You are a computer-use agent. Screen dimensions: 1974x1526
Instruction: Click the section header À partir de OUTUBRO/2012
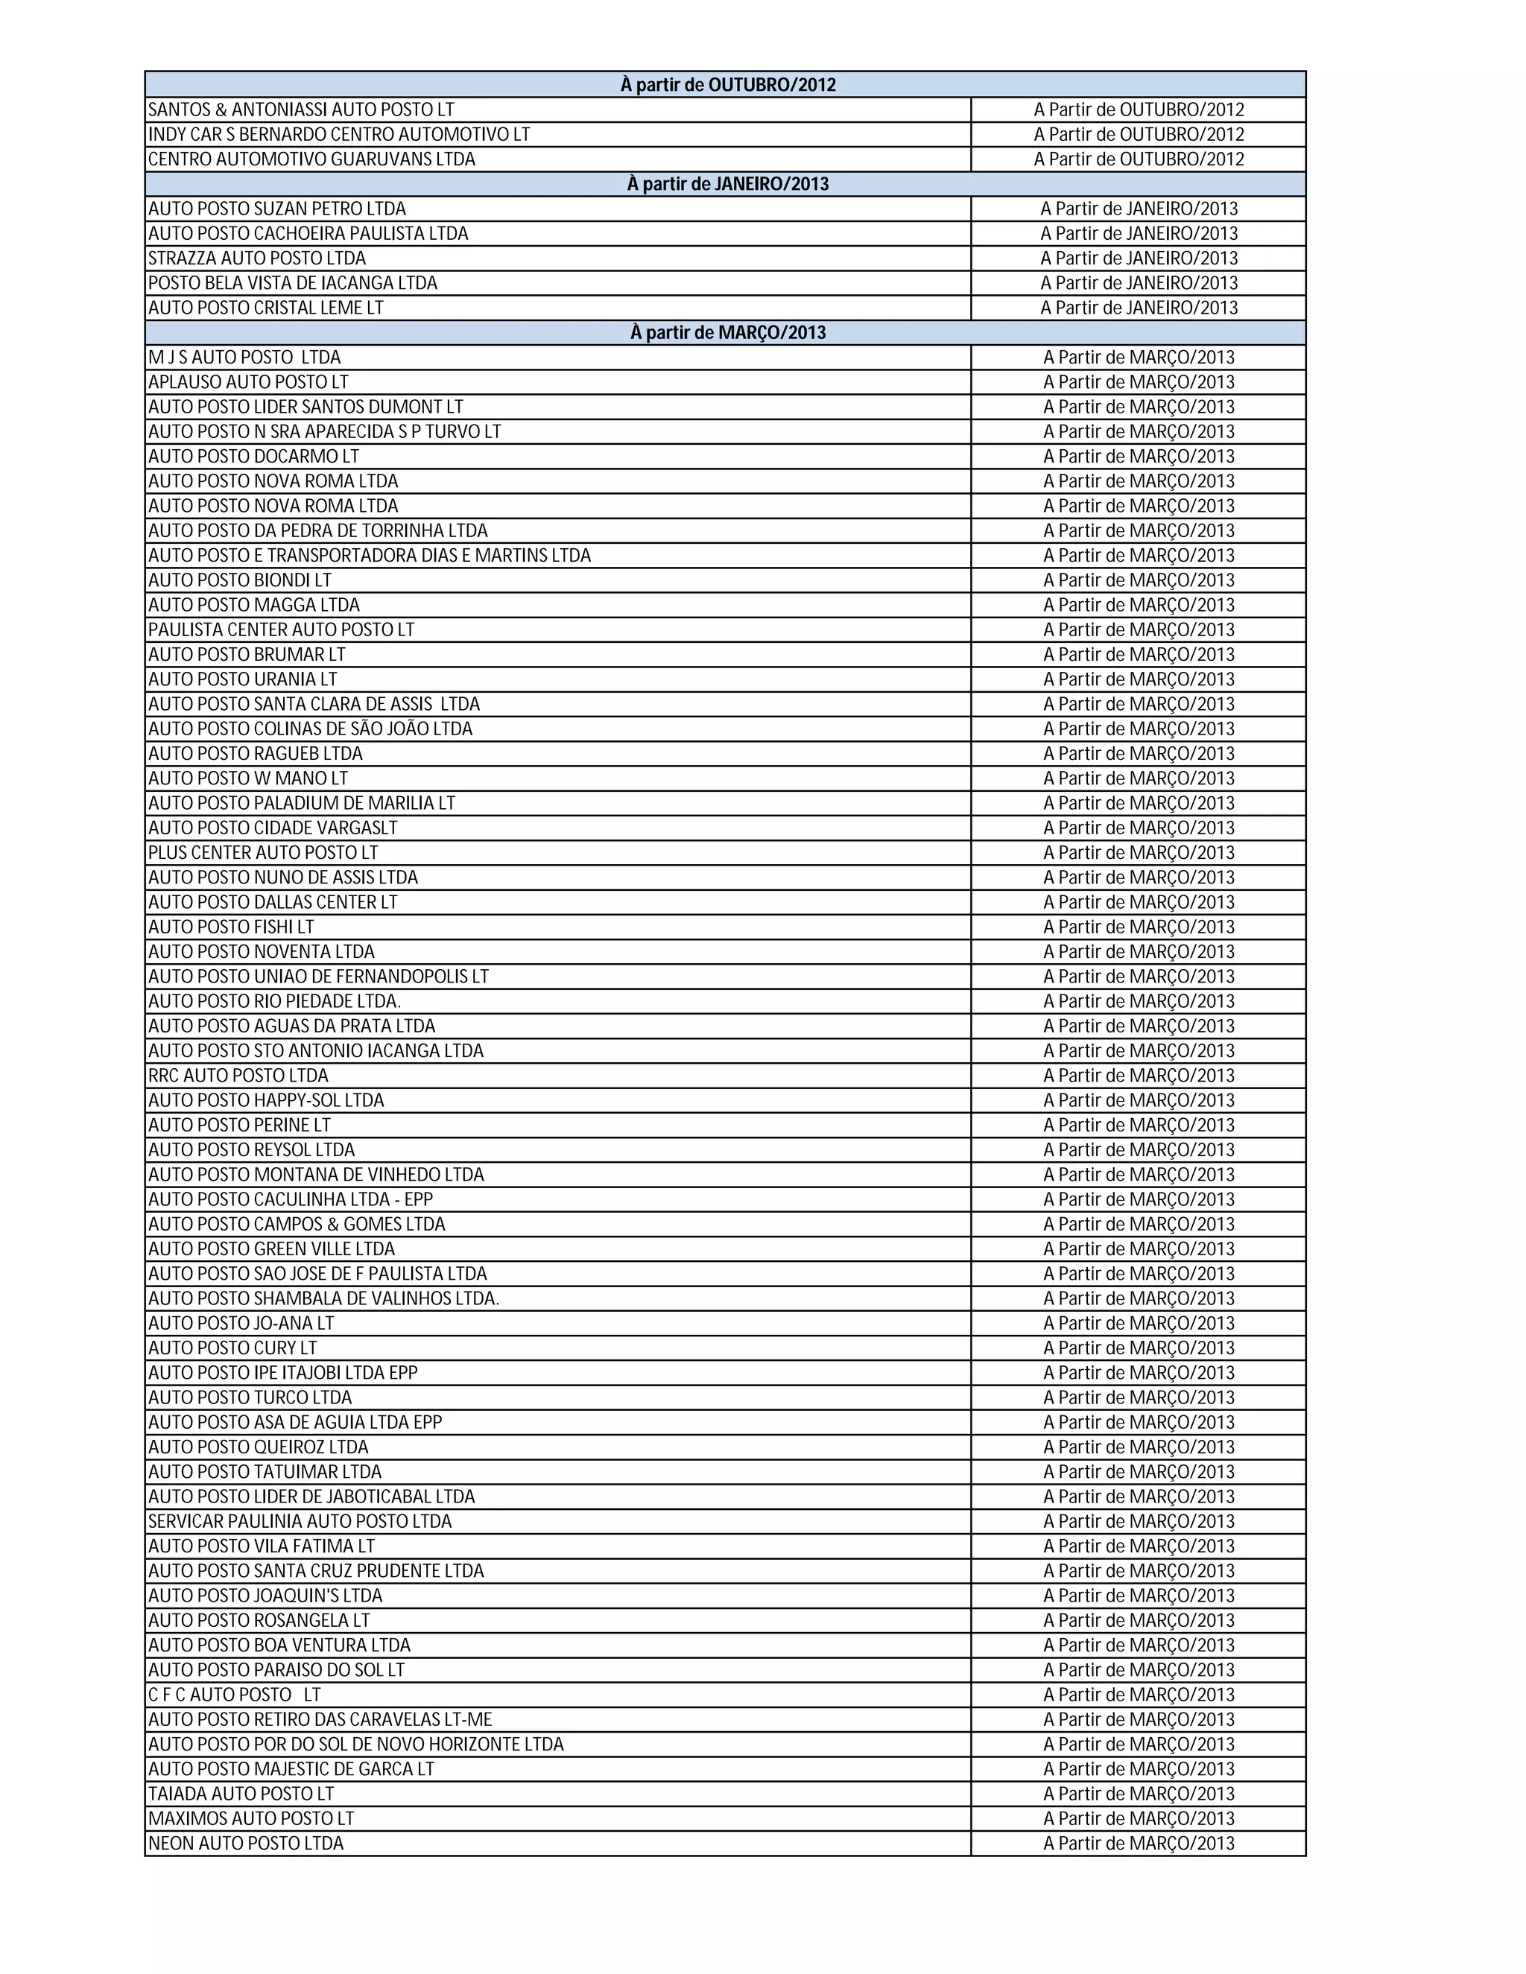[x=728, y=85]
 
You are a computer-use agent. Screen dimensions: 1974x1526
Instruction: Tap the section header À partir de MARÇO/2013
[x=728, y=333]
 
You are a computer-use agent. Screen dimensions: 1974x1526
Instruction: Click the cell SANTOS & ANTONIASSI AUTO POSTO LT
[x=301, y=110]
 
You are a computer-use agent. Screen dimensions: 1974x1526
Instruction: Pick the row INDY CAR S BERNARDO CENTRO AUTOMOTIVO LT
[x=339, y=135]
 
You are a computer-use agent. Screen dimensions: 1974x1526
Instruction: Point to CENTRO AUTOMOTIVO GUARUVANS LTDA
[x=312, y=160]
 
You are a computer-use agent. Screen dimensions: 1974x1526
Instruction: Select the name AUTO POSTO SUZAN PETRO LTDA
[x=277, y=209]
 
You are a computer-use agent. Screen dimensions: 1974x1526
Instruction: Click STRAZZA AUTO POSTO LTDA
[x=258, y=258]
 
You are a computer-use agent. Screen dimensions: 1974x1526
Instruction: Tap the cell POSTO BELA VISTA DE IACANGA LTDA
[x=293, y=283]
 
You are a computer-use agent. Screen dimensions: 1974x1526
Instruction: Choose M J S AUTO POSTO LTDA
[x=245, y=358]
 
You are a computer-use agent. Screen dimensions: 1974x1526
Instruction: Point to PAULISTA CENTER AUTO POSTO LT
[x=281, y=630]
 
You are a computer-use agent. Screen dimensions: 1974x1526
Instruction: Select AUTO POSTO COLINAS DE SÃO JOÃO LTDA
[x=310, y=729]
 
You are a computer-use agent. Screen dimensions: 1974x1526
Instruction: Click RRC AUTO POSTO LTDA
[x=238, y=1076]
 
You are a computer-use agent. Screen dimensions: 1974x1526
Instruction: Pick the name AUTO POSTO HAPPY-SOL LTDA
[x=266, y=1101]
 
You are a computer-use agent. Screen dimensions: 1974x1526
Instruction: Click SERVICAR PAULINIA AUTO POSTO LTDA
[x=300, y=1522]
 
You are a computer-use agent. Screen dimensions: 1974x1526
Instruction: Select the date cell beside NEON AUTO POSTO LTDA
[x=1139, y=1844]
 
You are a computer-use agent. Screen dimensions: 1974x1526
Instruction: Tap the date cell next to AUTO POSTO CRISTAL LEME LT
[x=1139, y=308]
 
